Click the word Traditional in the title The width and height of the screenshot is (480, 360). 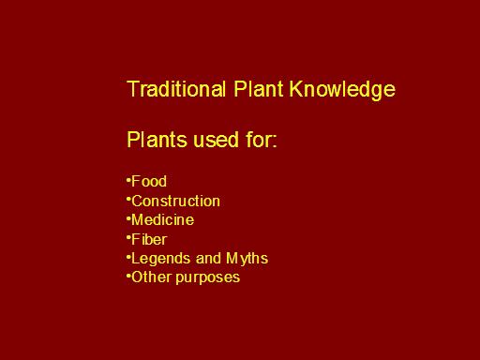click(176, 89)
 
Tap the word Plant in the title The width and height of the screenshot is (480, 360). click(259, 89)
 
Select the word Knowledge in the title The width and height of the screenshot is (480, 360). click(342, 90)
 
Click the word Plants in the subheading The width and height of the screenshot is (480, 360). click(157, 139)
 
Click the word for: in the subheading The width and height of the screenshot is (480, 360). click(262, 139)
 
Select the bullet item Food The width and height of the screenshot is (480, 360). click(149, 181)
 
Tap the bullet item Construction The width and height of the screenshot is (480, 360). click(175, 201)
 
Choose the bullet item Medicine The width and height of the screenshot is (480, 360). click(162, 219)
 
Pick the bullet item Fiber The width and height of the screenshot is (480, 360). click(149, 239)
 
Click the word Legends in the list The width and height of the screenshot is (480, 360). click(160, 259)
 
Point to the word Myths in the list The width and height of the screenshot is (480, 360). click(247, 259)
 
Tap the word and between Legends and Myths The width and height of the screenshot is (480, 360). click(208, 259)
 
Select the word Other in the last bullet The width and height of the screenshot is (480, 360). click(151, 277)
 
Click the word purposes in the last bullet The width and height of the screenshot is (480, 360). click(208, 278)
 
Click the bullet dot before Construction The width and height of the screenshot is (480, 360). click(128, 199)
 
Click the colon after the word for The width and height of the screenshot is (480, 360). click(275, 142)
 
